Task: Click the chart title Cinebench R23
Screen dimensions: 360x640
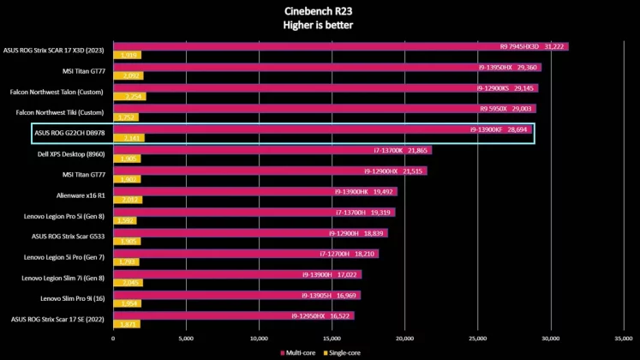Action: (319, 11)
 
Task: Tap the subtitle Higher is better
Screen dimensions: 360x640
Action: (319, 25)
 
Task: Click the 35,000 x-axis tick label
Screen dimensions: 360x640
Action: (625, 339)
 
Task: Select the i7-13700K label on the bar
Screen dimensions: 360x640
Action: (388, 150)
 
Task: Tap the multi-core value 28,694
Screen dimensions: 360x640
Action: (517, 129)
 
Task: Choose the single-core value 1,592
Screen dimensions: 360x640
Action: (126, 220)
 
